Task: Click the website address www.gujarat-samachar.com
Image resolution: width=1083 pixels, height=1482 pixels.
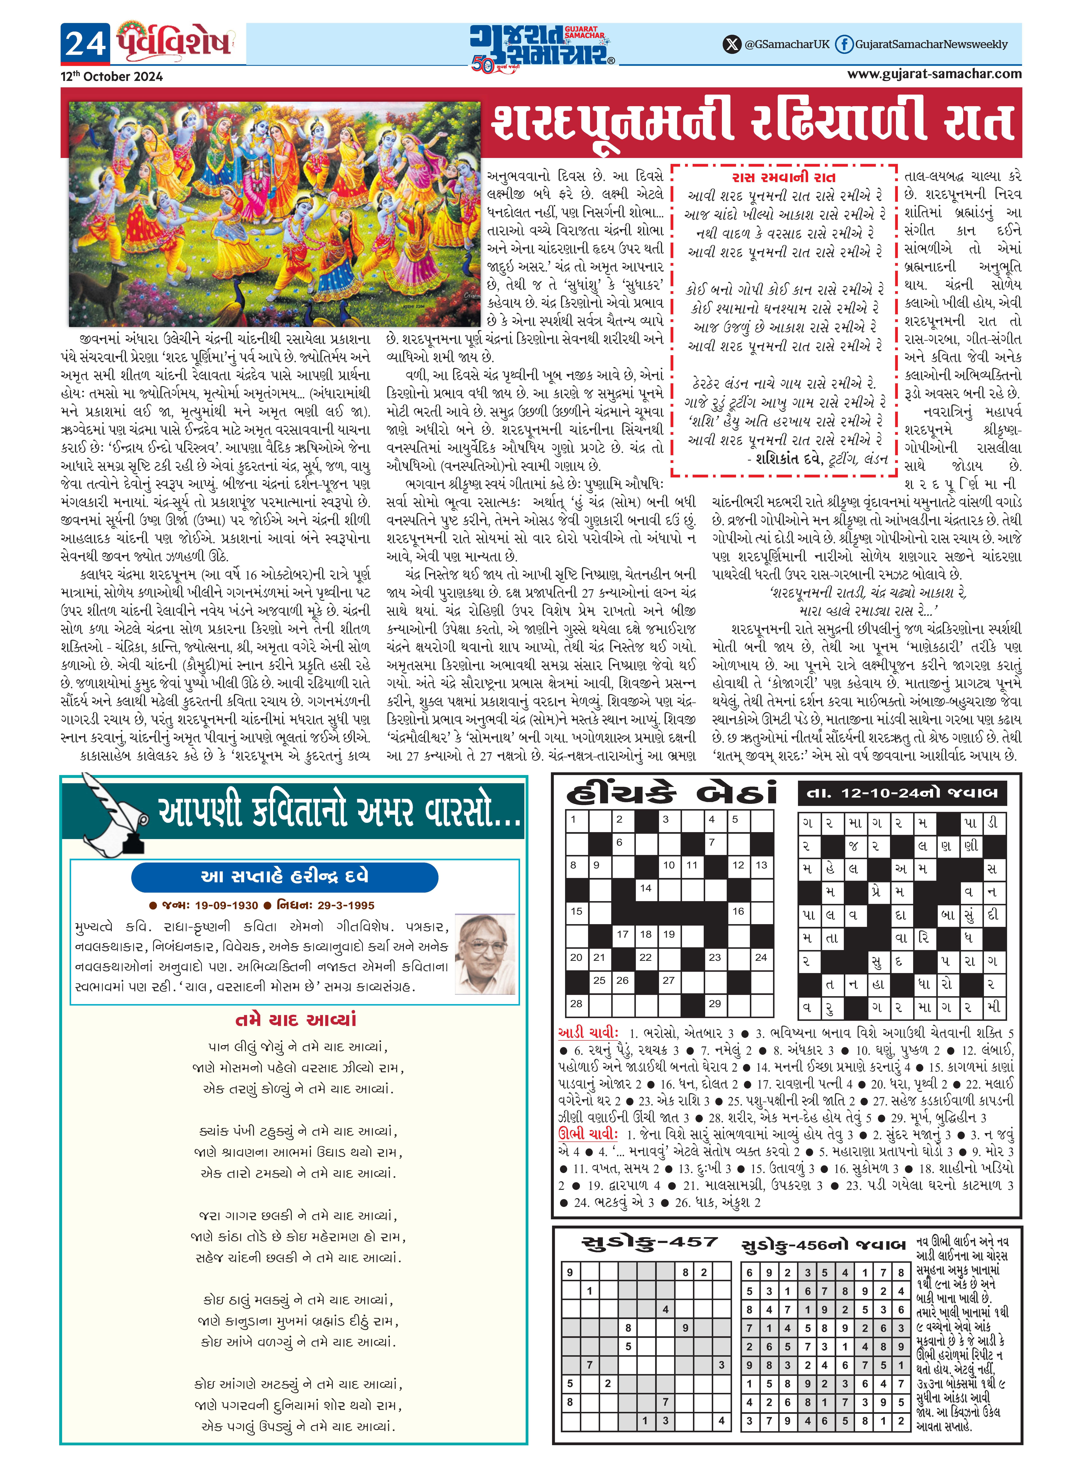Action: point(934,74)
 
